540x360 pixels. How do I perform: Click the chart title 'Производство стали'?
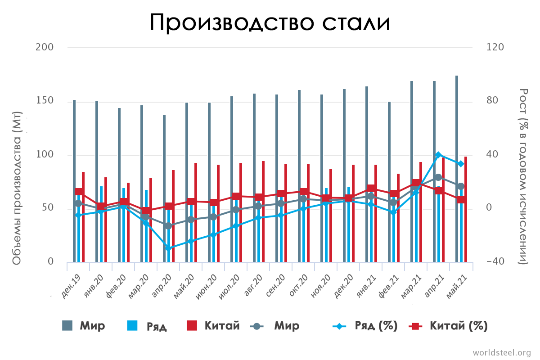(x=270, y=22)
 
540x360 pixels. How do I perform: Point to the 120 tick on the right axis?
(x=495, y=47)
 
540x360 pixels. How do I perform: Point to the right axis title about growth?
(x=523, y=176)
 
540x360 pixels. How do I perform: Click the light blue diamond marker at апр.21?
(x=438, y=155)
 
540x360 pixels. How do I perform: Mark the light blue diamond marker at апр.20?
(x=168, y=248)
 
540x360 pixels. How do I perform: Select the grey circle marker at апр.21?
(x=438, y=177)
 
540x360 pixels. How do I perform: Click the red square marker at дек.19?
(x=79, y=192)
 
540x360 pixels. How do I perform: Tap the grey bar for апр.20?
(x=164, y=189)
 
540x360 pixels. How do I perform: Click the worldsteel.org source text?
(x=501, y=352)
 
